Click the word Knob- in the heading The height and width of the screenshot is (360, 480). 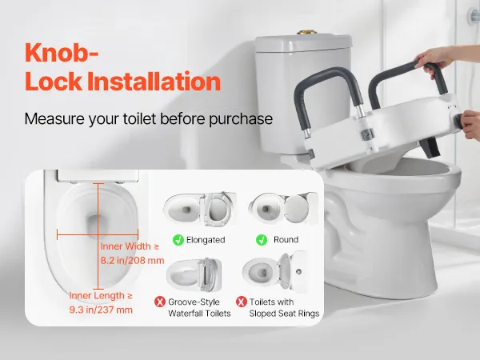[62, 52]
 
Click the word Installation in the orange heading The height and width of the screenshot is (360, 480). [154, 82]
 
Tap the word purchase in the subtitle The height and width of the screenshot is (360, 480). [241, 118]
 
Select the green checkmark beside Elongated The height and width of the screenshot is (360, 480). [178, 240]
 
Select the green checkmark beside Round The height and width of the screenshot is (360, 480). [262, 240]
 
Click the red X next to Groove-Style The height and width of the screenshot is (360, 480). [160, 302]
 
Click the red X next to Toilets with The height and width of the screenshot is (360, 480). [242, 302]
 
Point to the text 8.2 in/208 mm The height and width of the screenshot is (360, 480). [132, 261]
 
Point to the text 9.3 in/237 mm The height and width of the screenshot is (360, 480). [101, 310]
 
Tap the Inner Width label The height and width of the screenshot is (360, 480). [130, 246]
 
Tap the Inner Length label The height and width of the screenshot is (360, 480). [101, 296]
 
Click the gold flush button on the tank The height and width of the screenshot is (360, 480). [306, 32]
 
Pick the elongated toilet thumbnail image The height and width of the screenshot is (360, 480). [200, 210]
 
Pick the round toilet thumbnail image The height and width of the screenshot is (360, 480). [283, 208]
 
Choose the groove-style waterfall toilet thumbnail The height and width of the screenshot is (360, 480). [194, 274]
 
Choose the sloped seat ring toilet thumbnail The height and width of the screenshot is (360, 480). [275, 271]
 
